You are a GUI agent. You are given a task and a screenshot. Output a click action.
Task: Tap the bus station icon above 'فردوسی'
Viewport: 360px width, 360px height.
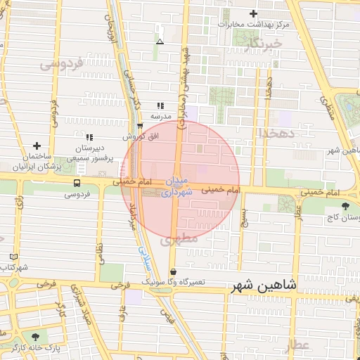coord(76,182)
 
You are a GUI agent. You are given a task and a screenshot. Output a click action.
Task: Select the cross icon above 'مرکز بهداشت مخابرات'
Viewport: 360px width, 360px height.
coord(254,14)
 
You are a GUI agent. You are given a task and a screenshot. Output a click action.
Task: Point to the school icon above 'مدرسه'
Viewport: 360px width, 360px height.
coord(160,105)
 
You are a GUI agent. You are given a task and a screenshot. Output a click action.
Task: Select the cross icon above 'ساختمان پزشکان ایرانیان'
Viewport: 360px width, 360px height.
coord(37,145)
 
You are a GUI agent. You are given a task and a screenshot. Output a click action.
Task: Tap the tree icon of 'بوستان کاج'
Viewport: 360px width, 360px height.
coord(345,206)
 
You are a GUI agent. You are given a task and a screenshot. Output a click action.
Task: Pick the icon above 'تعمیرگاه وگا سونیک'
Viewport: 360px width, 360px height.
coord(173,271)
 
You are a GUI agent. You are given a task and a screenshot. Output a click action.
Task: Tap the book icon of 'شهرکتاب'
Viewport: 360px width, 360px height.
coord(15,257)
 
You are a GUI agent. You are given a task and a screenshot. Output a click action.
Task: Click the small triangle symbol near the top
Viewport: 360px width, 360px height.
coord(160,42)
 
